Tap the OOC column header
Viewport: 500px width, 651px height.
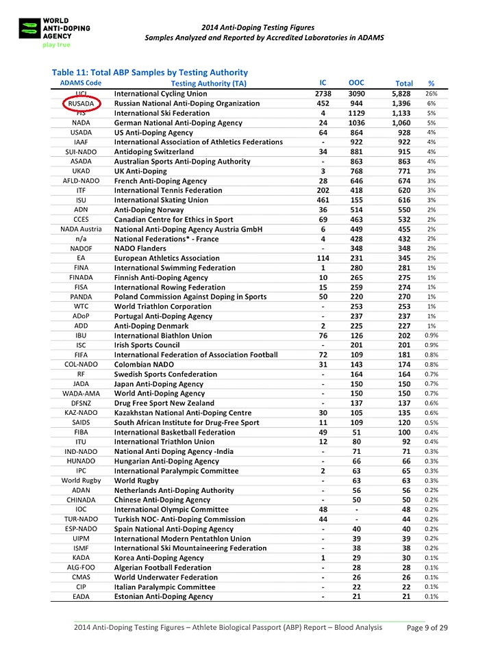pos(356,82)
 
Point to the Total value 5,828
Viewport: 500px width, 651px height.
pos(401,93)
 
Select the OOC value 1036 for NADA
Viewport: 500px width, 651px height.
pos(356,123)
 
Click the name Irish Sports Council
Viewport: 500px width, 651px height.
pos(147,345)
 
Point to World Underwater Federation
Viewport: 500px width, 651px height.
pos(166,577)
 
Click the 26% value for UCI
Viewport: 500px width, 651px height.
pos(432,93)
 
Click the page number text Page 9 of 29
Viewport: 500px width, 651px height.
pos(427,628)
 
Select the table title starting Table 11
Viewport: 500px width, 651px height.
pos(149,72)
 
